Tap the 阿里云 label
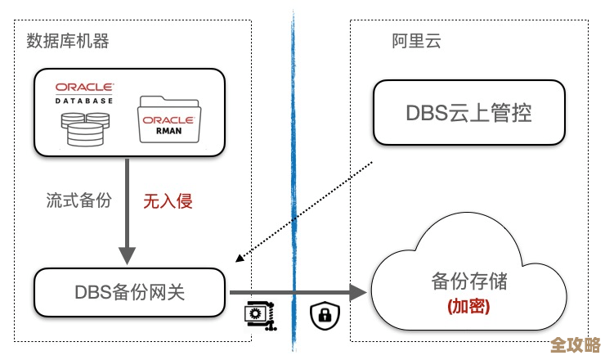click(x=416, y=41)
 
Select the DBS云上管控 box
click(x=468, y=112)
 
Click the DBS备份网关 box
click(x=130, y=291)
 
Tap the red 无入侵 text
click(x=168, y=200)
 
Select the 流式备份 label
click(x=78, y=200)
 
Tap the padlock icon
click(x=325, y=314)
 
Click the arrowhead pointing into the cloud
click(x=356, y=291)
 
